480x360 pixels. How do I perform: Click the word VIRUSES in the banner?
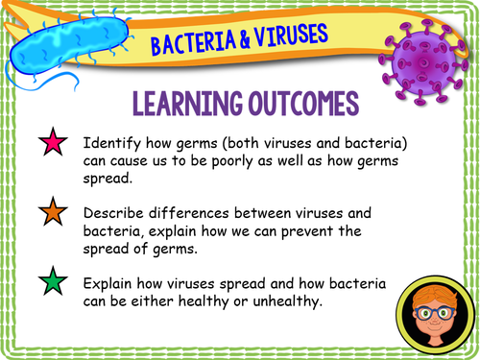(289, 36)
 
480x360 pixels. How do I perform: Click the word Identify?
(113, 143)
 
